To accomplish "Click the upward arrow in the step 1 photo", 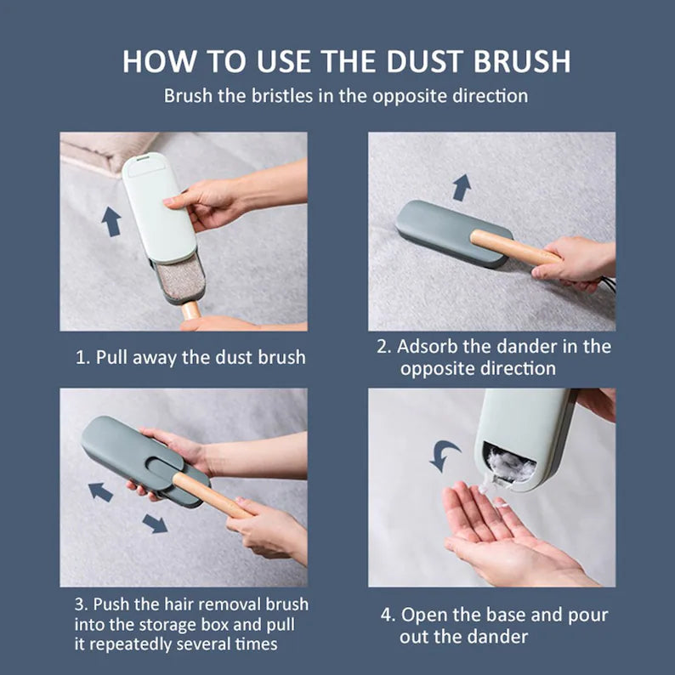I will [111, 221].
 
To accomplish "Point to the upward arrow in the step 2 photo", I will [462, 187].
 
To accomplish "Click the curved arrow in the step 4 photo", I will [445, 455].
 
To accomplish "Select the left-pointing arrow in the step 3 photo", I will [100, 491].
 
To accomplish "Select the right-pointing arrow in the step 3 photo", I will [155, 523].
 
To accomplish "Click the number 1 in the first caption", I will [82, 356].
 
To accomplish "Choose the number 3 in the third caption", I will [80, 604].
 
